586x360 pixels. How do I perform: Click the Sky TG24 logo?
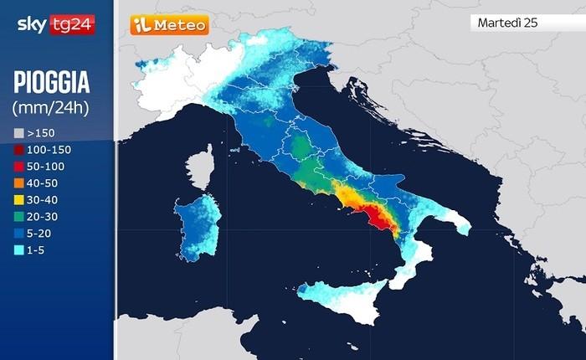point(55,25)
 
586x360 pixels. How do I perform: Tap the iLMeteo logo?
point(168,25)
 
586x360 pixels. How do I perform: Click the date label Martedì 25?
point(507,23)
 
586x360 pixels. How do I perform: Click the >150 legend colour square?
point(19,132)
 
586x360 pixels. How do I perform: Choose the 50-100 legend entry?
point(45,166)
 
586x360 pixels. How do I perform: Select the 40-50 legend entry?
point(43,183)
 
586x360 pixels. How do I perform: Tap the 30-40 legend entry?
point(43,199)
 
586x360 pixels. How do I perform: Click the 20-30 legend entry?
point(43,216)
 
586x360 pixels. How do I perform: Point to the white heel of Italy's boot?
point(456,223)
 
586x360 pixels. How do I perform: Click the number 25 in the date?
point(530,23)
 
